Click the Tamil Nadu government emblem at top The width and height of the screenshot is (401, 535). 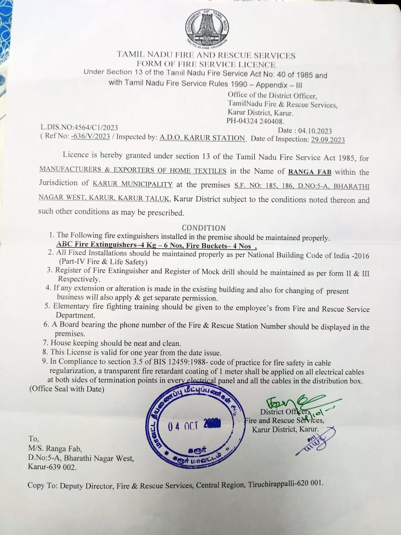pyautogui.click(x=207, y=28)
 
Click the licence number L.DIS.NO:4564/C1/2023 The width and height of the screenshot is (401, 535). pyautogui.click(x=79, y=128)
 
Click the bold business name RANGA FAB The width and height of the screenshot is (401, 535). pyautogui.click(x=310, y=172)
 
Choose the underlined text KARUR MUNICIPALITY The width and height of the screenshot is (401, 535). pyautogui.click(x=133, y=184)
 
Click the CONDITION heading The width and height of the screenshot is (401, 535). pyautogui.click(x=203, y=228)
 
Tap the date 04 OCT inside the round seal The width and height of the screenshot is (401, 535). pyautogui.click(x=183, y=426)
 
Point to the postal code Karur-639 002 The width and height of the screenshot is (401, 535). pyautogui.click(x=52, y=467)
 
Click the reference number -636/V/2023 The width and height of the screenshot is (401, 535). pyautogui.click(x=91, y=137)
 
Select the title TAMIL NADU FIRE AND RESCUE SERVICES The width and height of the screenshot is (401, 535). pyautogui.click(x=206, y=55)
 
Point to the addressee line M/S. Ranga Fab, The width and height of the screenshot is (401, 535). pyautogui.click(x=55, y=449)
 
